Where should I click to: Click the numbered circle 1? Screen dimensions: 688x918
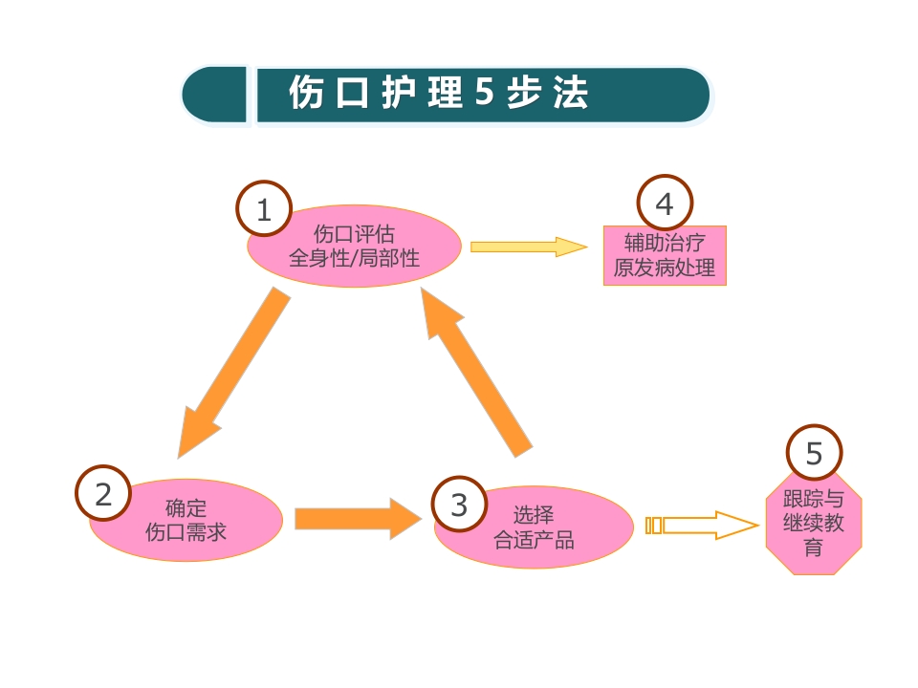[x=264, y=209]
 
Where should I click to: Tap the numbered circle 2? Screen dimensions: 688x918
[x=103, y=494]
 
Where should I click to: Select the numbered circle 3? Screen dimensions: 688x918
[x=459, y=505]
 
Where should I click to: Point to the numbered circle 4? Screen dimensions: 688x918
[x=664, y=204]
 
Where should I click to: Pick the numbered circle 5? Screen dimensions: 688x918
[x=814, y=453]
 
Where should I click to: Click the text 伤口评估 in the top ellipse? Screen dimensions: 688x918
[x=355, y=233]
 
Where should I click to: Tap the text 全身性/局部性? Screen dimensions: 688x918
[x=355, y=257]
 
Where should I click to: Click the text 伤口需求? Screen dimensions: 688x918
[x=186, y=531]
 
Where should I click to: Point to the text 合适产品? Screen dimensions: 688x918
[x=534, y=540]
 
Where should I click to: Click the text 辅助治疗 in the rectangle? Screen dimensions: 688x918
[x=664, y=243]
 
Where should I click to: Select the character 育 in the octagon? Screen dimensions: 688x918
[x=813, y=548]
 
